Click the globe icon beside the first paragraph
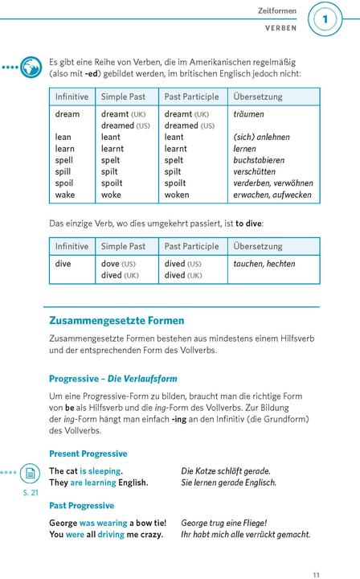coord(31,67)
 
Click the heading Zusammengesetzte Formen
coord(117,320)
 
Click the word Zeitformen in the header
coord(277,11)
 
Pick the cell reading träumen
coord(248,114)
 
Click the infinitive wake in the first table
coord(65,195)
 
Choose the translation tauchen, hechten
coord(264,264)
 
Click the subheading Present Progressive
coord(88,454)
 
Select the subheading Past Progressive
coord(82,506)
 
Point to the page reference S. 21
coord(30,491)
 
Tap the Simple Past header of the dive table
coord(123,246)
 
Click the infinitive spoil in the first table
coord(63,183)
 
